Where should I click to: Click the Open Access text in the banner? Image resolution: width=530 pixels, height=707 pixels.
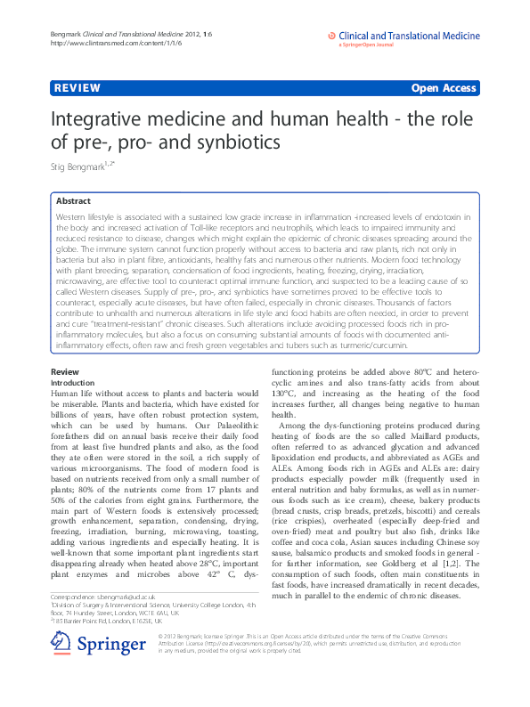(x=445, y=88)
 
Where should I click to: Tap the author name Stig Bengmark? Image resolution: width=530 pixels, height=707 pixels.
(x=77, y=165)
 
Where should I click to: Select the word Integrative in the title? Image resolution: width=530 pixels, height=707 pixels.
(x=102, y=120)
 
